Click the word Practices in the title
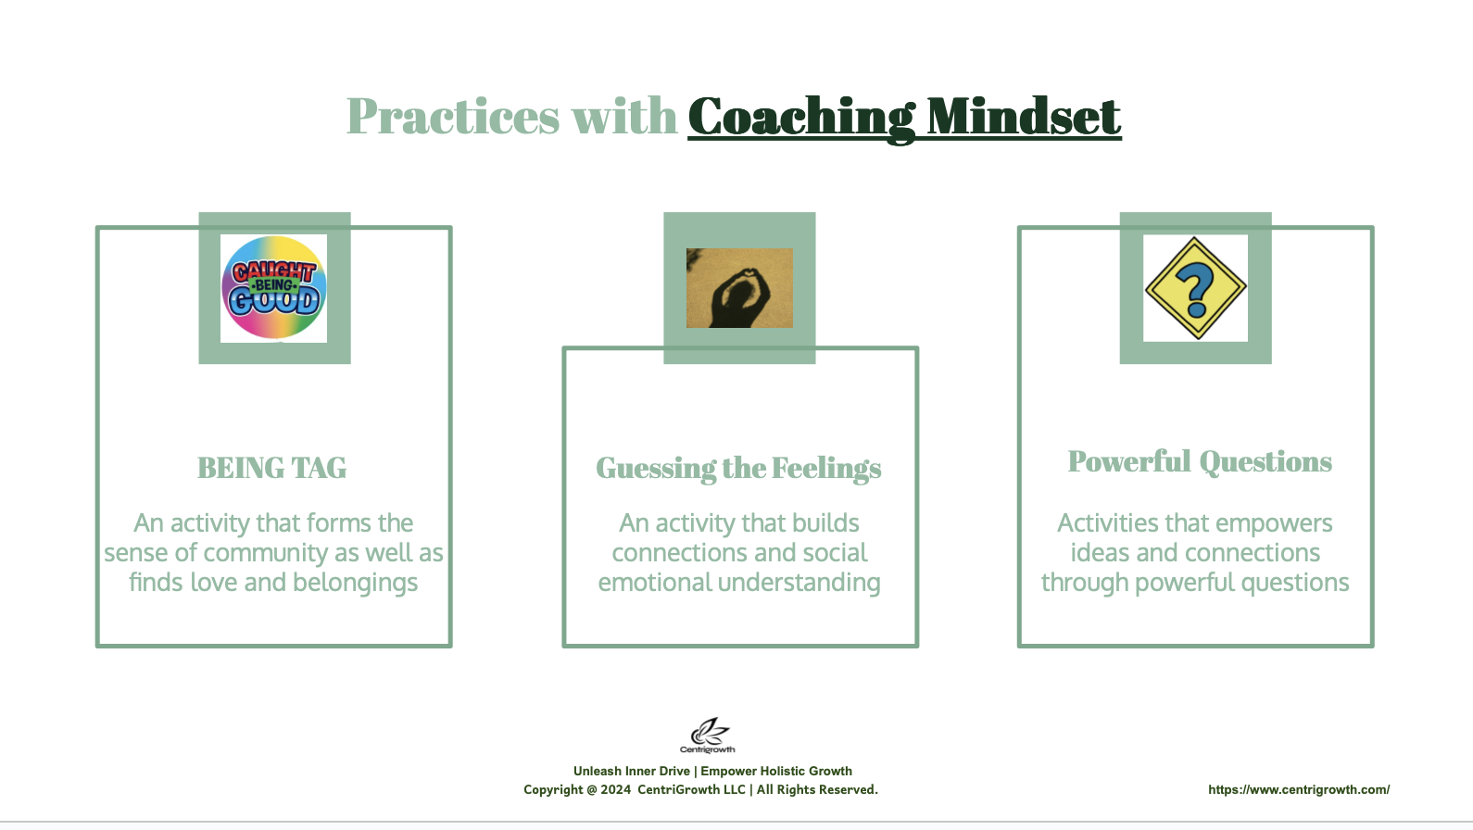pos(453,117)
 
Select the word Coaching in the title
pos(801,118)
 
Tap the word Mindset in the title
pos(1024,117)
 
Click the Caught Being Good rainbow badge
pos(274,287)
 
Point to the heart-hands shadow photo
pos(740,288)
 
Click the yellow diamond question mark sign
pos(1195,288)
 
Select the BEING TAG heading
pos(272,468)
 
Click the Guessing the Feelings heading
pos(738,469)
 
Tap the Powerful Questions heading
pos(1200,461)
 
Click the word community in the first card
pos(265,553)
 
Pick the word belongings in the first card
pos(355,583)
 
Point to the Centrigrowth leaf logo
pos(708,736)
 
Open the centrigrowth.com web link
pos(1299,789)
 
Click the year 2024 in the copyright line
pos(615,789)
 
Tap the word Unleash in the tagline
pos(598,771)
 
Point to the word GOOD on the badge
pos(274,302)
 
